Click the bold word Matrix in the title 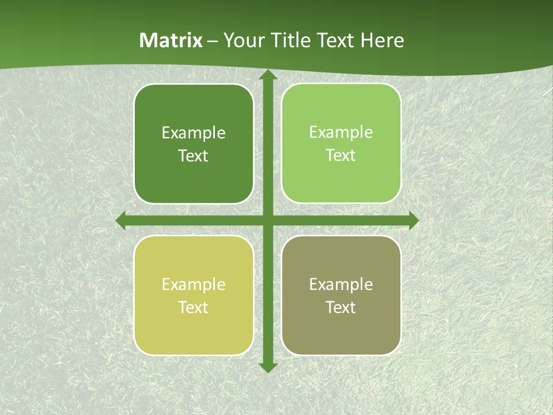coord(171,40)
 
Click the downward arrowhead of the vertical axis coord(267,367)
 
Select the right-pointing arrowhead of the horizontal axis coord(413,220)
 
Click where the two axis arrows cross coord(267,220)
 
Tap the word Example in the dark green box coord(194,133)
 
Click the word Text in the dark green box coord(194,156)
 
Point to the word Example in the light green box coord(341,133)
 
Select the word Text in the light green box coord(341,156)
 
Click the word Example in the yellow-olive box coord(194,285)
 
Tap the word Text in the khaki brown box coord(341,308)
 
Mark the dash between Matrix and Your coord(213,41)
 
